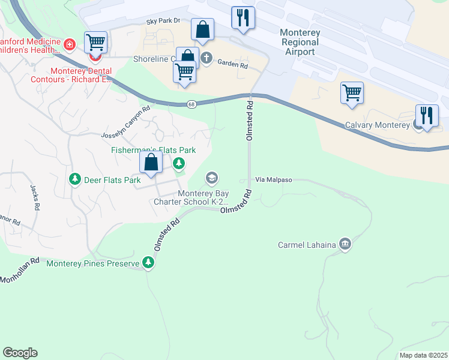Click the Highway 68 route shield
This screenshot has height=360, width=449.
coord(191,104)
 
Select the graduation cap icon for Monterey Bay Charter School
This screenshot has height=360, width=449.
coord(211,178)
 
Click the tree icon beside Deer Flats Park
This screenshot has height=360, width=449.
coord(75,179)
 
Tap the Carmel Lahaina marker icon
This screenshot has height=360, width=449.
coord(345,244)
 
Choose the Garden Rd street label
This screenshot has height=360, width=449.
coord(232,63)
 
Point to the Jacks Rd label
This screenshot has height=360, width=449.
coord(35,197)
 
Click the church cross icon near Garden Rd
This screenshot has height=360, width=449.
coord(206,58)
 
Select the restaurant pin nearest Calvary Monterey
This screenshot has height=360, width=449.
coord(427,116)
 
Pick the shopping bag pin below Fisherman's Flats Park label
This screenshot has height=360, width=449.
coord(151,162)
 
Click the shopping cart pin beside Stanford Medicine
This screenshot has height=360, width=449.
coord(95,43)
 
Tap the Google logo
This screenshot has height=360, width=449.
coord(20,353)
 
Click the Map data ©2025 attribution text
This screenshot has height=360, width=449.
coord(423,355)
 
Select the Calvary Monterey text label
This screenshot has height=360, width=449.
coord(377,125)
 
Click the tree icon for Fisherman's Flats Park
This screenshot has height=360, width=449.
coord(178,163)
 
